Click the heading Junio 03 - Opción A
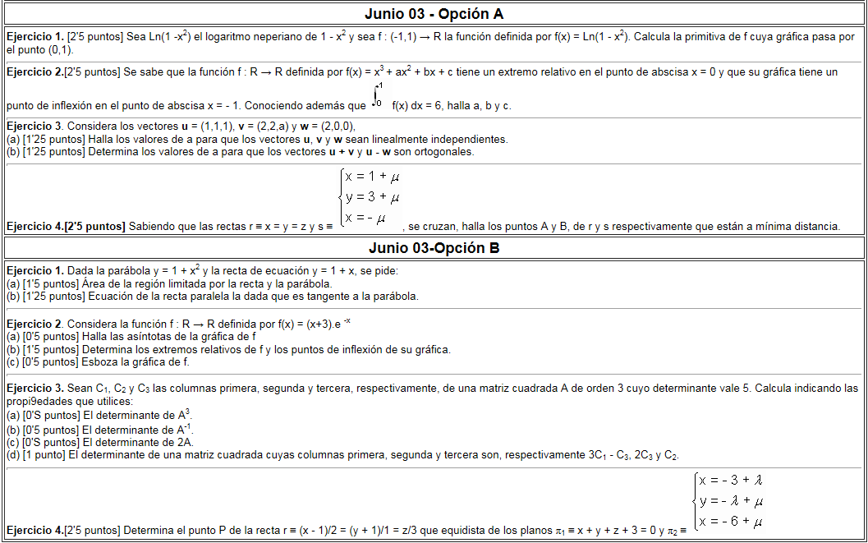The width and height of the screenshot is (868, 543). [434, 14]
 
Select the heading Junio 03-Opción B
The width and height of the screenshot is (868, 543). [434, 248]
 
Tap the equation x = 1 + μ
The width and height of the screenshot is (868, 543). [372, 177]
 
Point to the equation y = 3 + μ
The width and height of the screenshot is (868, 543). [372, 197]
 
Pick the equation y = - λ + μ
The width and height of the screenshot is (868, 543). [731, 501]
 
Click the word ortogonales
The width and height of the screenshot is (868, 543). [444, 151]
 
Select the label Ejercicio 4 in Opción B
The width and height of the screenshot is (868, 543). [34, 531]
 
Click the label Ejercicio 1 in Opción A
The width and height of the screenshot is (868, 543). [34, 37]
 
